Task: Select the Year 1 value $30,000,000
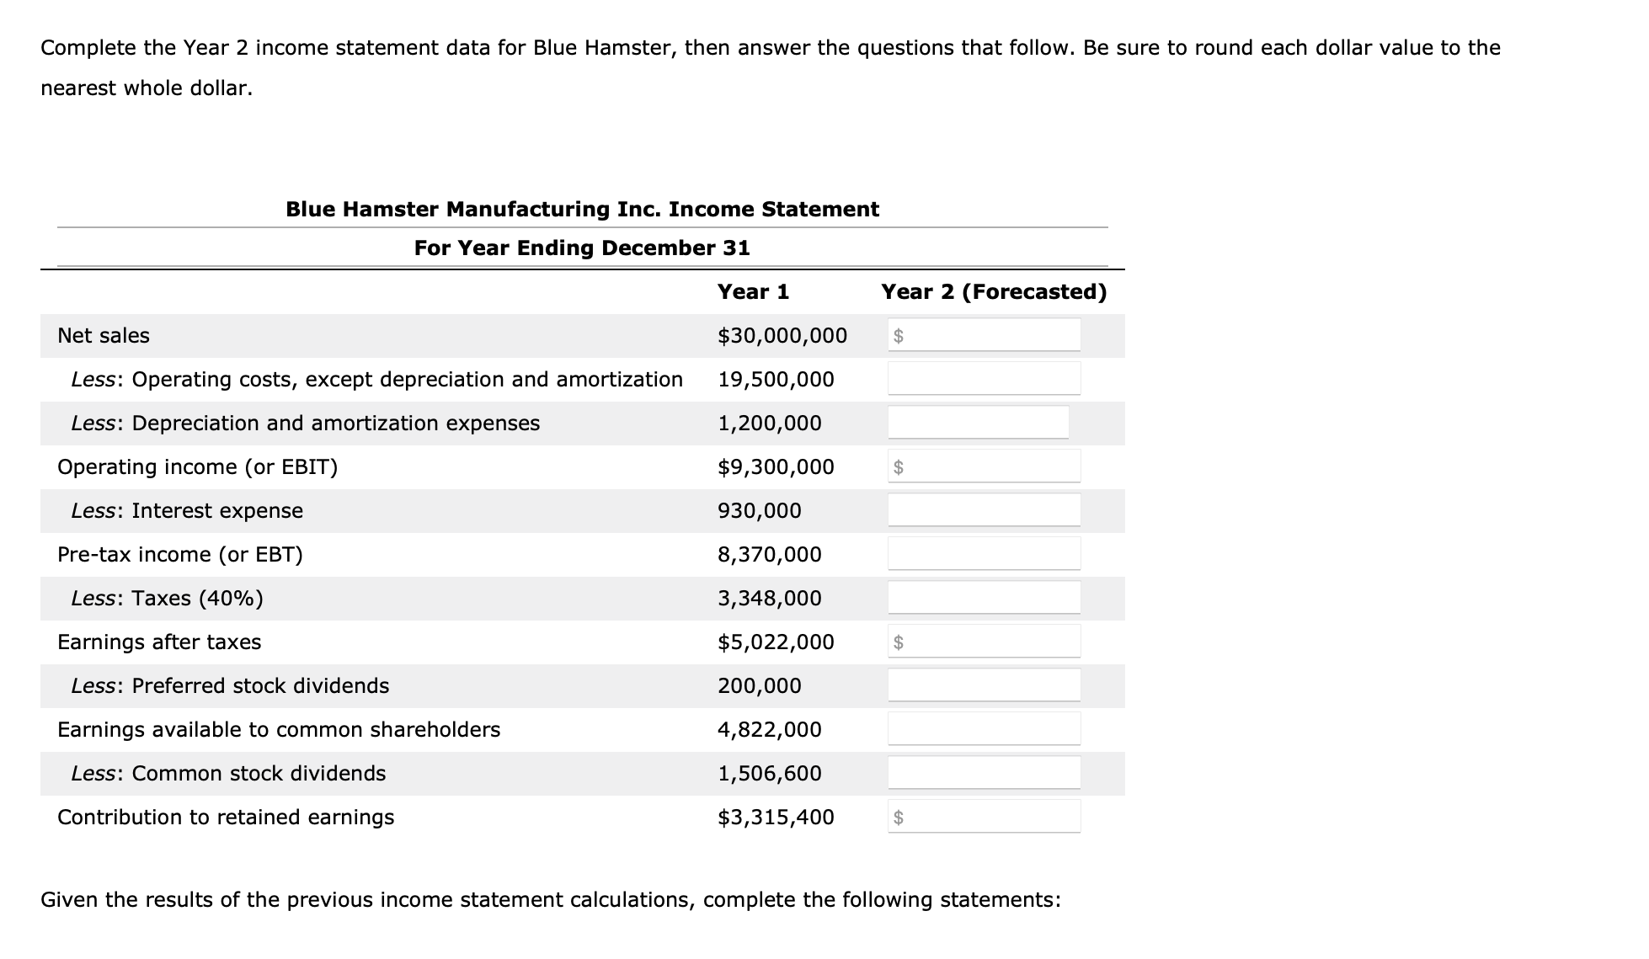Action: pos(782,336)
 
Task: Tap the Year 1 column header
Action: pos(753,292)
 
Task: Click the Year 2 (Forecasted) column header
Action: pos(993,292)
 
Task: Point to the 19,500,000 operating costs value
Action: pos(776,380)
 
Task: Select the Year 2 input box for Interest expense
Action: pos(984,510)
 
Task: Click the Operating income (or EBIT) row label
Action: pos(197,467)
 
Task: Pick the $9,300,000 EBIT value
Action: pos(776,467)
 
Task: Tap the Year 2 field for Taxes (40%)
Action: pos(984,598)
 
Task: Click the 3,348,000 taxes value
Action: pos(769,599)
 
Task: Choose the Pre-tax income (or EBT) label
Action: pos(179,555)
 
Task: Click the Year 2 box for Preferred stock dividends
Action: pos(984,685)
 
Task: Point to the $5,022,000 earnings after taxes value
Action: pos(776,642)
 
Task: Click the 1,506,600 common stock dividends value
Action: pos(769,774)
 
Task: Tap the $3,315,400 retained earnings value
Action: pos(776,818)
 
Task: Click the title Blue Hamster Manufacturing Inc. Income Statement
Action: pos(582,210)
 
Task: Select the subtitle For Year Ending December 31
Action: pos(582,248)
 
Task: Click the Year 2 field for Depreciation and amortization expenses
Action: pos(978,423)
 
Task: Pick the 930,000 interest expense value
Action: pos(759,511)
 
